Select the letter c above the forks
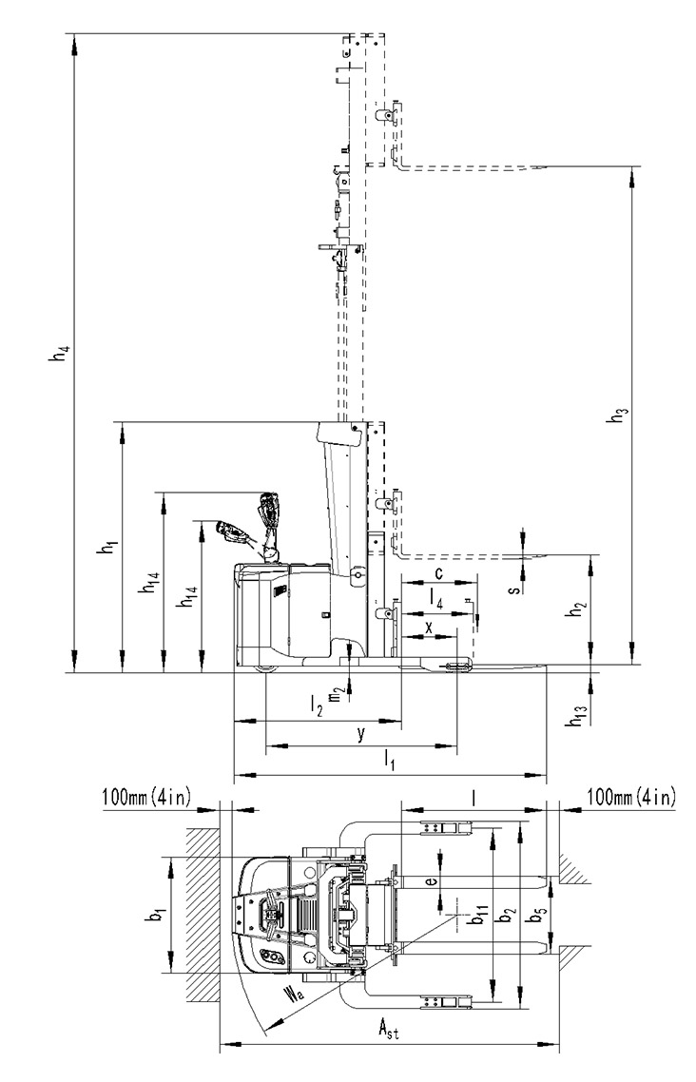(x=438, y=573)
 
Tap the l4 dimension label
(x=435, y=598)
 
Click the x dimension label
(x=429, y=627)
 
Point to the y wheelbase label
(x=360, y=734)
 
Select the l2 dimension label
(x=317, y=705)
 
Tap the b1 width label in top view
(x=158, y=915)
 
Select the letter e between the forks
(x=429, y=881)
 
